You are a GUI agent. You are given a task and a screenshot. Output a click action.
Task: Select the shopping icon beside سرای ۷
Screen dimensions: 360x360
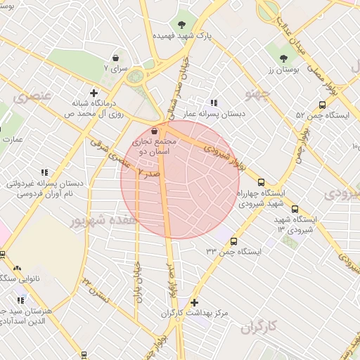[x=115, y=58]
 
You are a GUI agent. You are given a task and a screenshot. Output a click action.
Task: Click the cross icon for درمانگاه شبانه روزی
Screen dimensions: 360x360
[x=94, y=92]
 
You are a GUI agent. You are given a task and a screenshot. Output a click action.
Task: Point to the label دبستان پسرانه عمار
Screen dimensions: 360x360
[x=214, y=112]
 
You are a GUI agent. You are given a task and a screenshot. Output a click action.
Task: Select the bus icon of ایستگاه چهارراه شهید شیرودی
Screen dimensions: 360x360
[x=262, y=181]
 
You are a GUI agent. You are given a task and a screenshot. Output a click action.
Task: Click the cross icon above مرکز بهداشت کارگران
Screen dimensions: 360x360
[x=195, y=302]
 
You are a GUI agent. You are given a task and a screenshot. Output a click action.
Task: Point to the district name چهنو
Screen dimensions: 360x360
[x=257, y=92]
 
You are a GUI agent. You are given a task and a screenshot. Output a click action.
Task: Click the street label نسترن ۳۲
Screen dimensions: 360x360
[x=96, y=289]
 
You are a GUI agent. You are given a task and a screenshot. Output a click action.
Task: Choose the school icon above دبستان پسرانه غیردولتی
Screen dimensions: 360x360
[x=44, y=172]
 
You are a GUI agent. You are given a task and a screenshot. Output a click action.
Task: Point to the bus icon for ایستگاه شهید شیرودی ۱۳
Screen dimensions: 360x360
[x=294, y=209]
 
